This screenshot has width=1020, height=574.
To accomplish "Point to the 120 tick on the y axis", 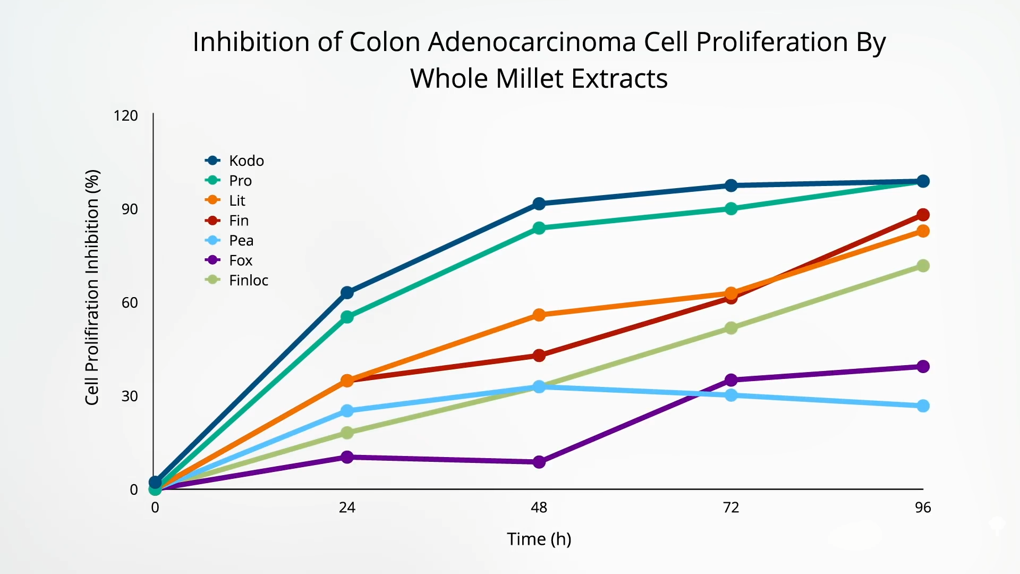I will point(125,116).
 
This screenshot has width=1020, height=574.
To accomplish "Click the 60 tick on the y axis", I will point(130,303).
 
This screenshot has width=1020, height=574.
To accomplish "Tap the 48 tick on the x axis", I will point(539,508).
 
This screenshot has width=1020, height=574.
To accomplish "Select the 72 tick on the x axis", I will point(731,508).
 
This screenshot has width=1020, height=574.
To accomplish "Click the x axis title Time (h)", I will point(539,539).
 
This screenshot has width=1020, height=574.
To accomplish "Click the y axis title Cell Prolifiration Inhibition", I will point(92,287).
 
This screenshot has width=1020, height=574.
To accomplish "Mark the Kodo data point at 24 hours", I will point(347,293).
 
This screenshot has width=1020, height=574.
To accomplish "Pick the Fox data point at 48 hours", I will point(539,462).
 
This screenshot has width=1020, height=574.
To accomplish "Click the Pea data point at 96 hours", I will point(923,406).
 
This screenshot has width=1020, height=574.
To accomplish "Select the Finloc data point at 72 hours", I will point(731,328).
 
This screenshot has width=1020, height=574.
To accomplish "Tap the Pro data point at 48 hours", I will point(539,228).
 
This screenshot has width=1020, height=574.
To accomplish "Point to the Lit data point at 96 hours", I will point(923,231).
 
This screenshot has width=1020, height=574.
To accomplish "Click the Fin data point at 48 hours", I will point(539,356).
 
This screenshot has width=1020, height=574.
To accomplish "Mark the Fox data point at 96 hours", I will point(923,367).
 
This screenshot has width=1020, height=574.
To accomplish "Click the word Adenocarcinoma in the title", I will point(532,42).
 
